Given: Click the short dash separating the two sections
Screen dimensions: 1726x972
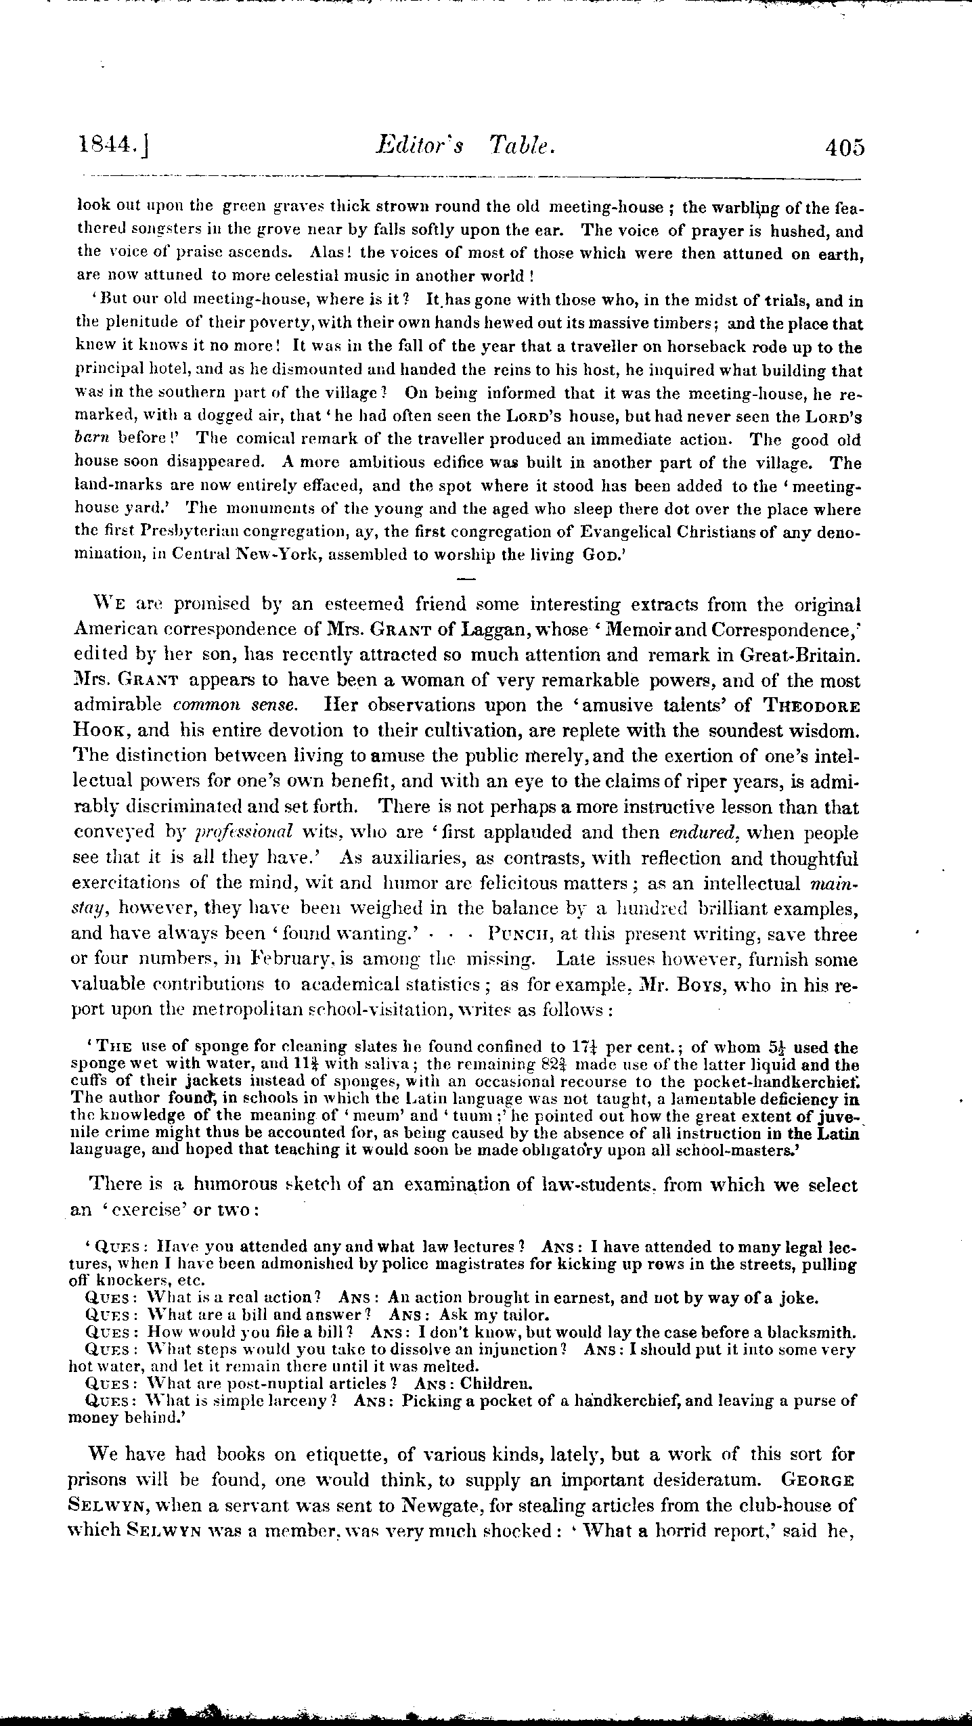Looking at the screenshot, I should coord(467,579).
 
